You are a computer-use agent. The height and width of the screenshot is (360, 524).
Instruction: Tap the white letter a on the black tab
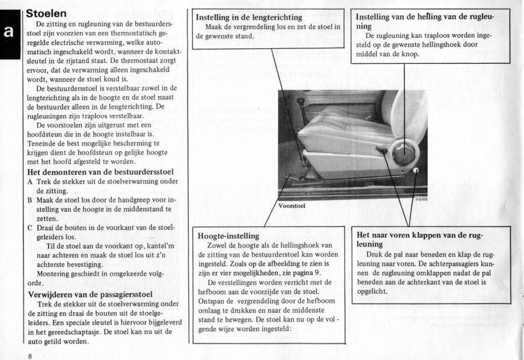(x=9, y=32)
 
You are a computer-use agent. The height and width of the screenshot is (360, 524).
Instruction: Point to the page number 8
(x=30, y=355)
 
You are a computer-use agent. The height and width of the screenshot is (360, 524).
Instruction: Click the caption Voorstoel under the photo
(x=292, y=206)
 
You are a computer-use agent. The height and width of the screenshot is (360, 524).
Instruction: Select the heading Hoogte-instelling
(x=228, y=236)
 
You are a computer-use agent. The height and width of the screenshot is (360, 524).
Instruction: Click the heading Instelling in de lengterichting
(x=249, y=17)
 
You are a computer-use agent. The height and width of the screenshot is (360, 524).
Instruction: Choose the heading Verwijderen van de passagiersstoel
(x=90, y=294)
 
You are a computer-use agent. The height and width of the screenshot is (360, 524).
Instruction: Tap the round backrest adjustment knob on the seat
(x=403, y=154)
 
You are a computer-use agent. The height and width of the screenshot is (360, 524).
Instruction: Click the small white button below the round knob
(x=416, y=170)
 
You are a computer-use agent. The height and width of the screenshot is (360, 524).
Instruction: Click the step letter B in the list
(x=30, y=200)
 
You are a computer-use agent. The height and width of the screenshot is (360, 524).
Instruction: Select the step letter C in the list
(x=30, y=227)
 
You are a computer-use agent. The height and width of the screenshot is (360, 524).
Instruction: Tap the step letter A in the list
(x=30, y=181)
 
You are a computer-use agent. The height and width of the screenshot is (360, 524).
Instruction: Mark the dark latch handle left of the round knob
(x=381, y=151)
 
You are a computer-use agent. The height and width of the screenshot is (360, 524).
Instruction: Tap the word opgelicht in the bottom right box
(x=373, y=291)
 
